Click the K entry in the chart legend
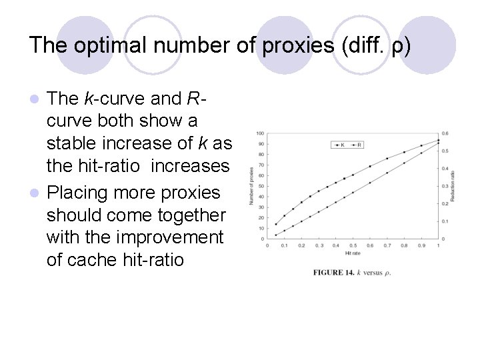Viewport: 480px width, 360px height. click(x=340, y=144)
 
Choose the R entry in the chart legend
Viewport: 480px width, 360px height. click(x=357, y=144)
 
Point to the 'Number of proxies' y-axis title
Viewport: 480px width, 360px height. click(x=251, y=185)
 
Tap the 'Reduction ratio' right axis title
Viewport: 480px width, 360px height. click(x=453, y=185)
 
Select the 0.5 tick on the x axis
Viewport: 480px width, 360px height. click(x=353, y=246)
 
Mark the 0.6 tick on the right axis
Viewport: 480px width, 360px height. click(x=445, y=133)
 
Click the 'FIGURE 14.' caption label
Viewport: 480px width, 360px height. click(x=334, y=273)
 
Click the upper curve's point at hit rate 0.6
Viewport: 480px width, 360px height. click(x=370, y=167)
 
